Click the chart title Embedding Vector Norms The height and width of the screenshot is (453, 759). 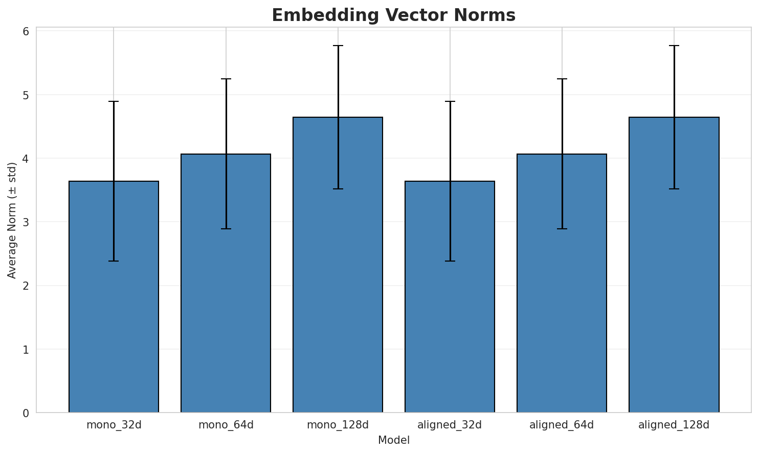[x=393, y=15]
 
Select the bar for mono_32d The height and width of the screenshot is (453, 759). [x=114, y=297]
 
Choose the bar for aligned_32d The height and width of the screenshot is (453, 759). [x=450, y=297]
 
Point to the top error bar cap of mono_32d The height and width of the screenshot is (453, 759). [x=114, y=101]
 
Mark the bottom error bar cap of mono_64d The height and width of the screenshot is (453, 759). [x=226, y=229]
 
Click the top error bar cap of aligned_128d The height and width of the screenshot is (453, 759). [x=674, y=46]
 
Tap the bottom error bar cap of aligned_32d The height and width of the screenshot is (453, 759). [x=450, y=261]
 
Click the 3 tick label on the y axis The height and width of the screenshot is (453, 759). [x=26, y=222]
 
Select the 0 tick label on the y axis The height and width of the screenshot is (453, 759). [x=26, y=413]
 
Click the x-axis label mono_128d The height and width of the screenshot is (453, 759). [x=338, y=425]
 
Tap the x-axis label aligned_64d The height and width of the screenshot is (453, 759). [x=562, y=425]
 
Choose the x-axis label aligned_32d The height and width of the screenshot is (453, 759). [x=450, y=425]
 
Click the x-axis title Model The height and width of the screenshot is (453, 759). [x=393, y=441]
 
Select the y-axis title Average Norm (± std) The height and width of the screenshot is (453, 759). [x=12, y=220]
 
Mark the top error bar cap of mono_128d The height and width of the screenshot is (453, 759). [x=338, y=46]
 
